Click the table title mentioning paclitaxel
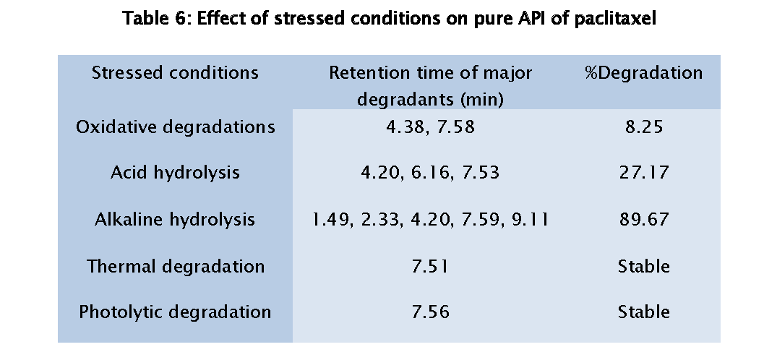point(389,20)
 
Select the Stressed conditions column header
point(175,73)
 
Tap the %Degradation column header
point(643,73)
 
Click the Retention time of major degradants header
point(430,85)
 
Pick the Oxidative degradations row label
point(176,127)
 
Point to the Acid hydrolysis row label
point(176,173)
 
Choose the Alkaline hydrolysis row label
point(175,220)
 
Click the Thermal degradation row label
point(176,266)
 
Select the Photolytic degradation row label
point(175,312)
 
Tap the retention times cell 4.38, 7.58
point(430,127)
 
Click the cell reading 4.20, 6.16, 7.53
point(430,173)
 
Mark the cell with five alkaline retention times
point(430,220)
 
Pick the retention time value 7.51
point(430,266)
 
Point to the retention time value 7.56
point(430,312)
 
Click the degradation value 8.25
point(643,127)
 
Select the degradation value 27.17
point(643,173)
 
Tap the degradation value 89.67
point(643,220)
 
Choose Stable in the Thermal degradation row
point(643,266)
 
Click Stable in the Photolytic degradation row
point(643,312)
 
